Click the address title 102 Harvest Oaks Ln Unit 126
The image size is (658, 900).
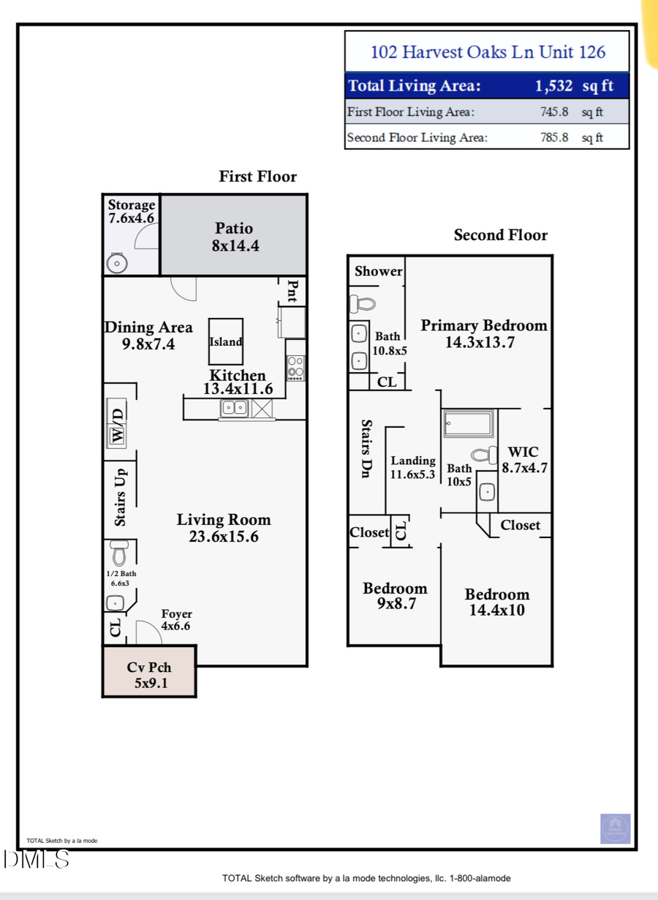coord(488,52)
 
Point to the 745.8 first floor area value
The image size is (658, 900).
coord(553,112)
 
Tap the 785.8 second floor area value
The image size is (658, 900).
coord(553,137)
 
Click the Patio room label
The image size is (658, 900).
coord(234,228)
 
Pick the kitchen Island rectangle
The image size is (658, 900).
coord(226,341)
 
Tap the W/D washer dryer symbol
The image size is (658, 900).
coord(117,425)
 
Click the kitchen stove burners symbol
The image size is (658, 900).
coord(295,366)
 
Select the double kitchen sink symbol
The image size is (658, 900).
coord(235,408)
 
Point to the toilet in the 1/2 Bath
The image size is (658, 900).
coord(118,553)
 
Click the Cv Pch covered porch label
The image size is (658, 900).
coord(148,668)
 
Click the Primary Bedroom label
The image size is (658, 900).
coord(483,326)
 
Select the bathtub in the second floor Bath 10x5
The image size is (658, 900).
coord(469,423)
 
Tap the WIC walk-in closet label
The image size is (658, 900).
coord(523,453)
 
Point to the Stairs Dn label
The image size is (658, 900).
coord(367,449)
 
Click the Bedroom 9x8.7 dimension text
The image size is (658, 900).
coord(395,604)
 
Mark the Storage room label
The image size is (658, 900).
coord(132,205)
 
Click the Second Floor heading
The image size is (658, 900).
coord(500,235)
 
